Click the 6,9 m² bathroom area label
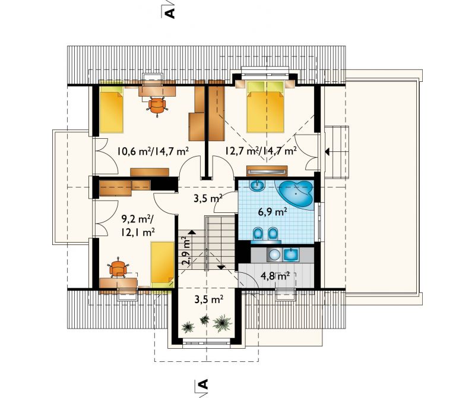click(273, 212)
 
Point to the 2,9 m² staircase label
click(186, 251)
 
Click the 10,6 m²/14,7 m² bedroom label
click(153, 151)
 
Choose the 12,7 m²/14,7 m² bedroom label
click(261, 151)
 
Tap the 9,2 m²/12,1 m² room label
click(138, 225)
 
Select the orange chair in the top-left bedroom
click(157, 106)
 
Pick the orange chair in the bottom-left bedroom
click(118, 268)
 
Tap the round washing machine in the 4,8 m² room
click(274, 255)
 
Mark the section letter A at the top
click(170, 13)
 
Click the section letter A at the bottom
click(203, 384)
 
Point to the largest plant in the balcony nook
click(222, 323)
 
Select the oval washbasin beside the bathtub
click(258, 186)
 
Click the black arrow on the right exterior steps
click(327, 152)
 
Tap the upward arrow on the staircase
click(192, 232)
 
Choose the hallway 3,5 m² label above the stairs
click(208, 199)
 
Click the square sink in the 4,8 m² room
click(291, 254)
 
